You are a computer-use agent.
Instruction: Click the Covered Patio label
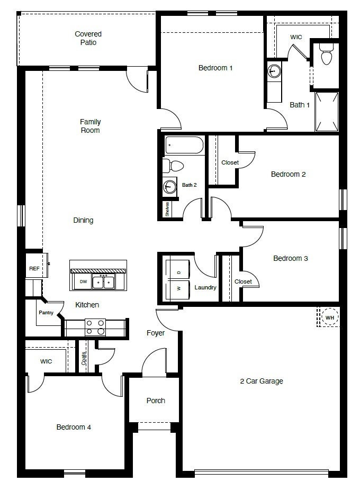pos(88,38)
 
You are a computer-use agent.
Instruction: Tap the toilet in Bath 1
pos(326,54)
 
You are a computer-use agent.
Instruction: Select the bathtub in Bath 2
pos(184,146)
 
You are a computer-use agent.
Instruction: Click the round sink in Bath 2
pos(170,186)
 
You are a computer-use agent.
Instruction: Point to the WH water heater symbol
pos(329,317)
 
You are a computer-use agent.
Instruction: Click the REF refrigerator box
pos(34,269)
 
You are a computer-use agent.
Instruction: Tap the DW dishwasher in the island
pos(83,282)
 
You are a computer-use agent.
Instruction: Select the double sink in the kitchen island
pos(104,282)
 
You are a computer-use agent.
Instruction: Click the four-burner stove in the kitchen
pos(95,327)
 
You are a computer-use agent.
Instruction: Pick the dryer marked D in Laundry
pos(179,272)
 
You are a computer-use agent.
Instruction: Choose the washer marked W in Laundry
pos(179,289)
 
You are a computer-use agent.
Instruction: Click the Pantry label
pos(46,313)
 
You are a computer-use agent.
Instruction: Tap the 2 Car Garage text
pos(262,381)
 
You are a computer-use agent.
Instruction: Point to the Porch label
pos(156,401)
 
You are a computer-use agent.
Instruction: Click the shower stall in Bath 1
pos(326,112)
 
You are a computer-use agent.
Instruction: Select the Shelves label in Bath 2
pos(167,209)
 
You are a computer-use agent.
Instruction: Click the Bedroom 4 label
pos(74,427)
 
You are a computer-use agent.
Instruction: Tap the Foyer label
pos(156,333)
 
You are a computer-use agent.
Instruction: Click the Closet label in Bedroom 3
pos(243,281)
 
